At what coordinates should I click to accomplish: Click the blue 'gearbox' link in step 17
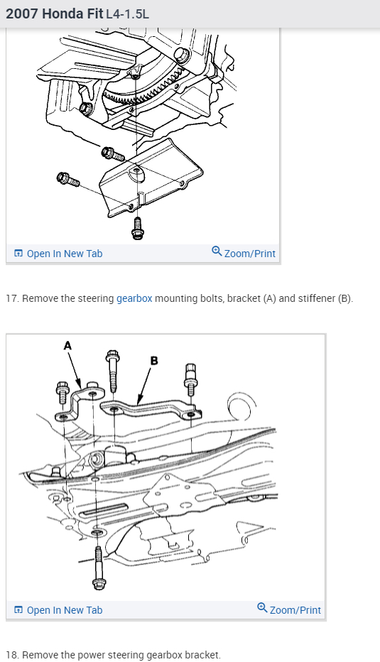pyautogui.click(x=134, y=298)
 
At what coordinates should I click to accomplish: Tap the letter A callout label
pyautogui.click(x=67, y=346)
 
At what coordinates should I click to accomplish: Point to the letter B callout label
pyautogui.click(x=154, y=361)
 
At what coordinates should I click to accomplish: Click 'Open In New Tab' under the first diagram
pyautogui.click(x=65, y=254)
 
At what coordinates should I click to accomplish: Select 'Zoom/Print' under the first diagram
pyautogui.click(x=250, y=254)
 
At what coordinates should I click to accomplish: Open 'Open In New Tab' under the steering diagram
pyautogui.click(x=65, y=610)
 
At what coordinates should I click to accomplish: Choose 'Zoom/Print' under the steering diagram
pyautogui.click(x=295, y=610)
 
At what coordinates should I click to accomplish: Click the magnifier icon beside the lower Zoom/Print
pyautogui.click(x=262, y=607)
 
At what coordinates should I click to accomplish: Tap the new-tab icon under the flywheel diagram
pyautogui.click(x=18, y=254)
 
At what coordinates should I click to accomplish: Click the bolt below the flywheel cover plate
pyautogui.click(x=137, y=229)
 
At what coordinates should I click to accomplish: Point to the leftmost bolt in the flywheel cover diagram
pyautogui.click(x=67, y=179)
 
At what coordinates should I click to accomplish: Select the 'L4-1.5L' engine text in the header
pyautogui.click(x=127, y=14)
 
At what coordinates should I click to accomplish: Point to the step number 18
pyautogui.click(x=12, y=655)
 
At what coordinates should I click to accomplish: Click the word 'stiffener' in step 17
pyautogui.click(x=317, y=298)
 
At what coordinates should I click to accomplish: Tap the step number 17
pyautogui.click(x=12, y=298)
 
